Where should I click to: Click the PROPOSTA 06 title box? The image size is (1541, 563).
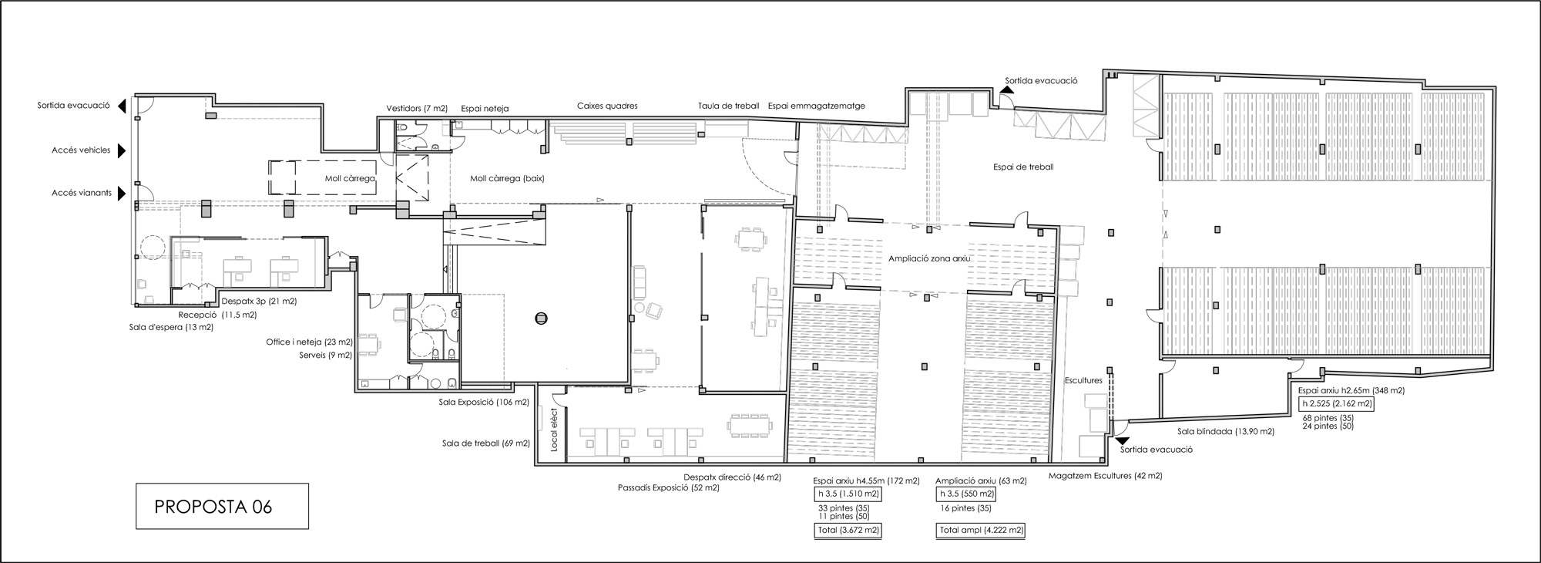pyautogui.click(x=222, y=506)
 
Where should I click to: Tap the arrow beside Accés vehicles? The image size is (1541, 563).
pyautogui.click(x=122, y=151)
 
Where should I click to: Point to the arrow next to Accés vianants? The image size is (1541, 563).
pyautogui.click(x=122, y=194)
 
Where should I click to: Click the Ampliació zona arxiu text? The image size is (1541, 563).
pyautogui.click(x=928, y=259)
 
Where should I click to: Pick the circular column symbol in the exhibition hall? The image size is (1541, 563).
pyautogui.click(x=541, y=317)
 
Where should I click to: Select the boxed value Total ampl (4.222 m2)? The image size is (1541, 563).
pyautogui.click(x=981, y=531)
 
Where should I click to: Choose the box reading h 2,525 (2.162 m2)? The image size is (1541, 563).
pyautogui.click(x=1336, y=403)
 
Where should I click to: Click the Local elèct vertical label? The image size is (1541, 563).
pyautogui.click(x=553, y=430)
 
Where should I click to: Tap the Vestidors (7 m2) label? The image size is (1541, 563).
pyautogui.click(x=417, y=108)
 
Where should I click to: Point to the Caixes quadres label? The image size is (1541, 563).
pyautogui.click(x=607, y=106)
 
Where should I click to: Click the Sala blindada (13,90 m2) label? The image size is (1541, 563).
pyautogui.click(x=1226, y=432)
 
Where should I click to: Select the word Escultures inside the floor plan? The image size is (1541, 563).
pyautogui.click(x=1083, y=381)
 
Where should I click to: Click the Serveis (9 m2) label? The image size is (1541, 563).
pyautogui.click(x=325, y=356)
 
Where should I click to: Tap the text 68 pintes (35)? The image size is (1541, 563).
pyautogui.click(x=1328, y=418)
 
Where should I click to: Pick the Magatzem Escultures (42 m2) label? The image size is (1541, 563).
pyautogui.click(x=1105, y=476)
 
